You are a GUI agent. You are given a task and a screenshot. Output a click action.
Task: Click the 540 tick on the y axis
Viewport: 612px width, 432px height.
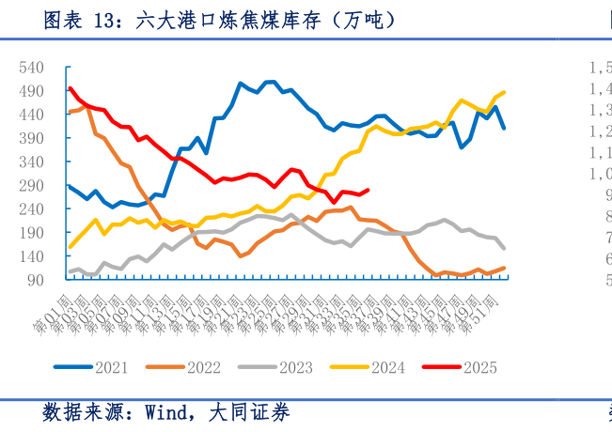click(31, 68)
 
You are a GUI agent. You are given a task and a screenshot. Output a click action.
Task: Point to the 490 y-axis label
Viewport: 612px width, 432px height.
click(31, 91)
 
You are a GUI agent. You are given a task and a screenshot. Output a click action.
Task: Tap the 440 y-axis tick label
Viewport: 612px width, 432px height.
click(31, 115)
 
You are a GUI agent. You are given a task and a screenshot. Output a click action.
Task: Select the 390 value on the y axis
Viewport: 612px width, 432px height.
click(31, 138)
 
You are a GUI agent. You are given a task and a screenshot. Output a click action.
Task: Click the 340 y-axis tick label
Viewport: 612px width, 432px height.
click(31, 162)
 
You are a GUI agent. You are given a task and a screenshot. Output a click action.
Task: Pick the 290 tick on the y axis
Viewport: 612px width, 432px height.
click(31, 185)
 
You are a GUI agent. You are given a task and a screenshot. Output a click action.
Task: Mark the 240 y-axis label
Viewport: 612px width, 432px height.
click(31, 208)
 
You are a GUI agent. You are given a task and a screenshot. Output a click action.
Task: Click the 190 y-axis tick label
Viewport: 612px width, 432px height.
click(31, 232)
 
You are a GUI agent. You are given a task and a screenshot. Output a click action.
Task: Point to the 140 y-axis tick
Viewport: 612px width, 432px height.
click(31, 255)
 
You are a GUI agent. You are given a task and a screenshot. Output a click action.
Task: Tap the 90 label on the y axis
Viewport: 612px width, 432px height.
click(35, 280)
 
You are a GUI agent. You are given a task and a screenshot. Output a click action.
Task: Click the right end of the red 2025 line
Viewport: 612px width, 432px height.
click(368, 190)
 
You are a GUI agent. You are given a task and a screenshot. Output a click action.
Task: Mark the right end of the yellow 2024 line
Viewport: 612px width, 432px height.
click(505, 92)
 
